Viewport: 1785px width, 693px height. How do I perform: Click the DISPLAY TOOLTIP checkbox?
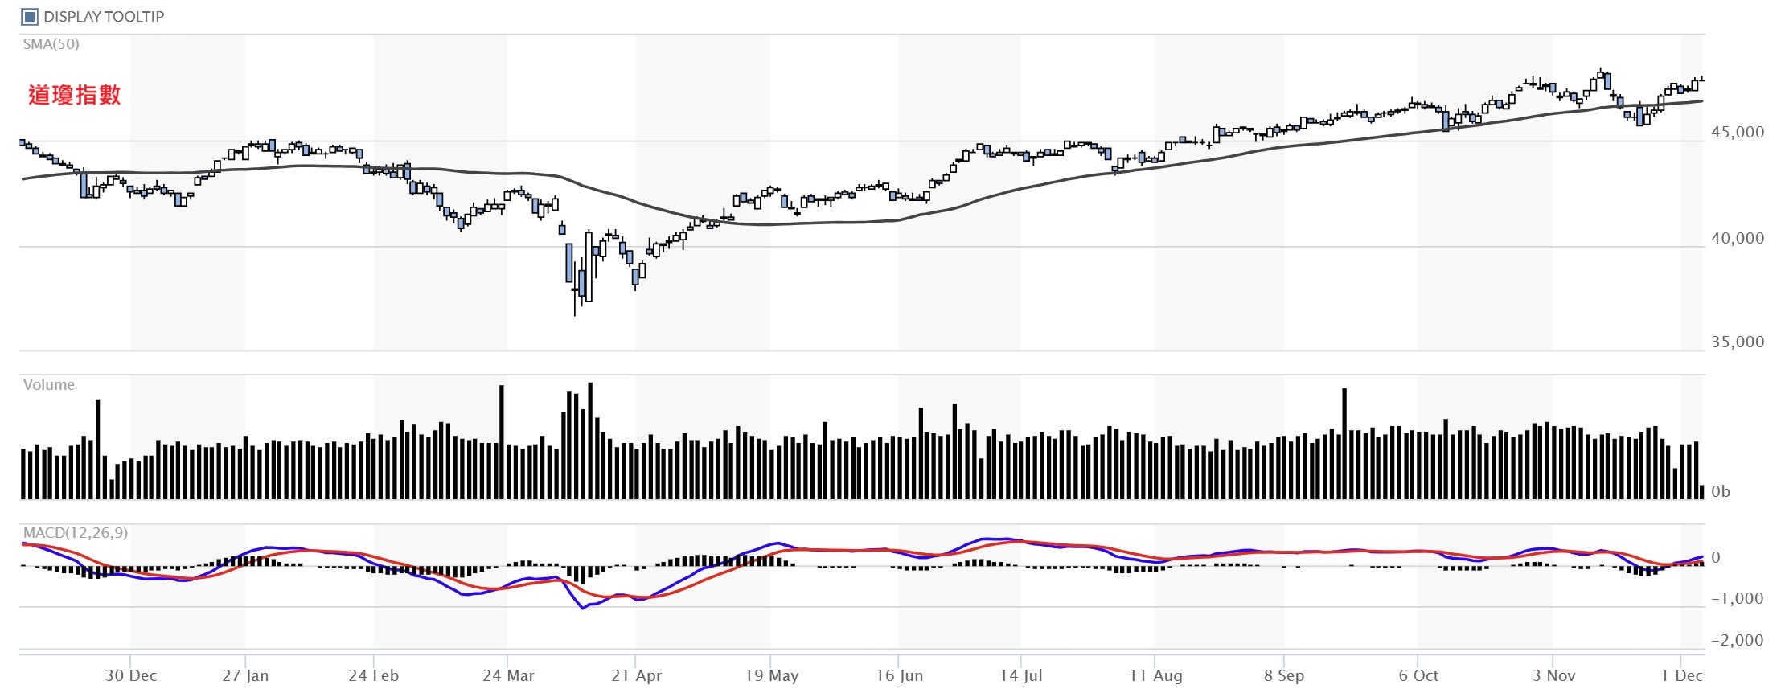click(30, 16)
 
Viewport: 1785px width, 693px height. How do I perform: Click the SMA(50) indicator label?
click(51, 44)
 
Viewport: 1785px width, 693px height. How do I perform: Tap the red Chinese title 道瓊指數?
click(74, 95)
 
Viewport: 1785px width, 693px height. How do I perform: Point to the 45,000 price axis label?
click(1738, 133)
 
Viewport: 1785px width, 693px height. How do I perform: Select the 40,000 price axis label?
click(1738, 238)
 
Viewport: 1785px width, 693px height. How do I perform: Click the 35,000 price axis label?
click(1738, 342)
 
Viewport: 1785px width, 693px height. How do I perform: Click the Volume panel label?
click(49, 385)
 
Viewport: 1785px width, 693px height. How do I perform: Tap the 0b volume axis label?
click(1721, 491)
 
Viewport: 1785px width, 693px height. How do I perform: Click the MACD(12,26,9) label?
click(76, 533)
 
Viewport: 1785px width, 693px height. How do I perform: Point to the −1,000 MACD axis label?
click(1737, 598)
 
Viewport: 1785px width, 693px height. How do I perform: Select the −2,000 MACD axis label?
click(1737, 640)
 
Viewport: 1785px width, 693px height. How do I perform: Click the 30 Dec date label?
click(131, 675)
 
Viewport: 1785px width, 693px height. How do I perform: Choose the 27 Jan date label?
click(245, 675)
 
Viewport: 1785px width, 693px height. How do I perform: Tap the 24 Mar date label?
click(508, 675)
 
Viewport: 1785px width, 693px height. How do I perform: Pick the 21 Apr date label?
click(637, 675)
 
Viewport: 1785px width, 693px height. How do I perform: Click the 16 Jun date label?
click(900, 675)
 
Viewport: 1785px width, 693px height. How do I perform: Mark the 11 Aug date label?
click(1155, 675)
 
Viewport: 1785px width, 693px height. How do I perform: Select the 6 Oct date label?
click(1418, 675)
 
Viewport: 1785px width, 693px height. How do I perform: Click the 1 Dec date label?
click(1682, 675)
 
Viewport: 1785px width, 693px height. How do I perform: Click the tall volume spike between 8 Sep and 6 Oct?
click(1344, 442)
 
